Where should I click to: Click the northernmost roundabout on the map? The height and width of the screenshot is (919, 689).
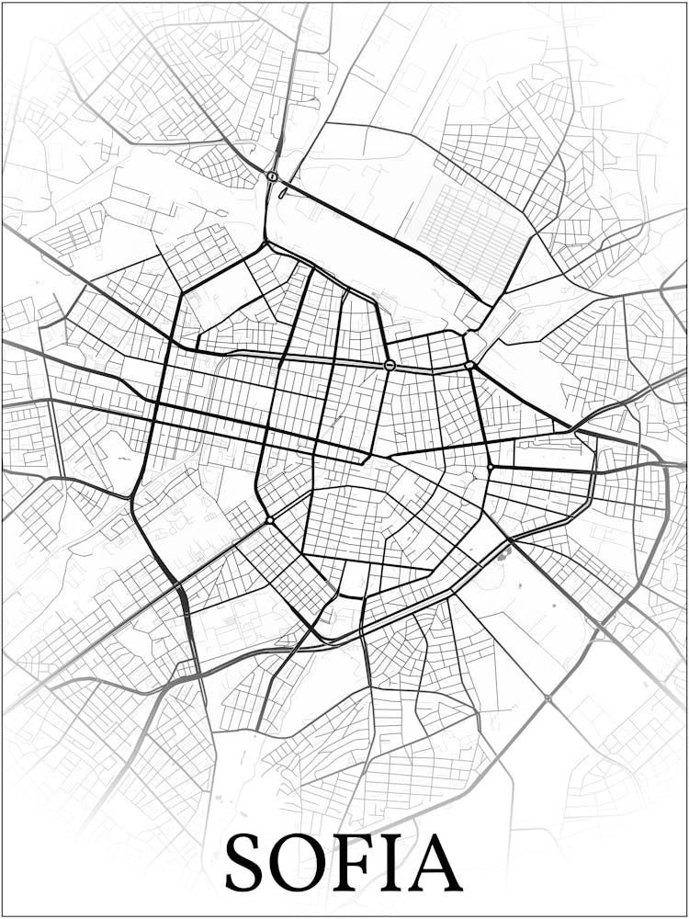[272, 176]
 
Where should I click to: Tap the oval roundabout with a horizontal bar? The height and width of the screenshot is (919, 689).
[390, 365]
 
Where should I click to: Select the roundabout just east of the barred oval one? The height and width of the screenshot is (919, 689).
[469, 366]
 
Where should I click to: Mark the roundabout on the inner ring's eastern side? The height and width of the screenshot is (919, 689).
[491, 468]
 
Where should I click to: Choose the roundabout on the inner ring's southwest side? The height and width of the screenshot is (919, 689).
[269, 521]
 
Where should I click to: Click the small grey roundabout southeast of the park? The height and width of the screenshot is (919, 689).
[548, 698]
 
